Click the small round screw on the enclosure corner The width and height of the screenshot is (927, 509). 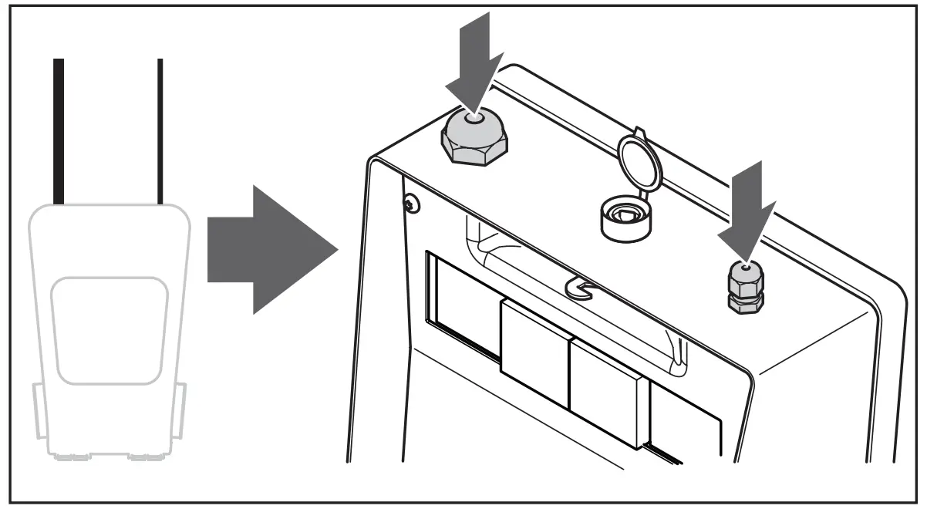[410, 203]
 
